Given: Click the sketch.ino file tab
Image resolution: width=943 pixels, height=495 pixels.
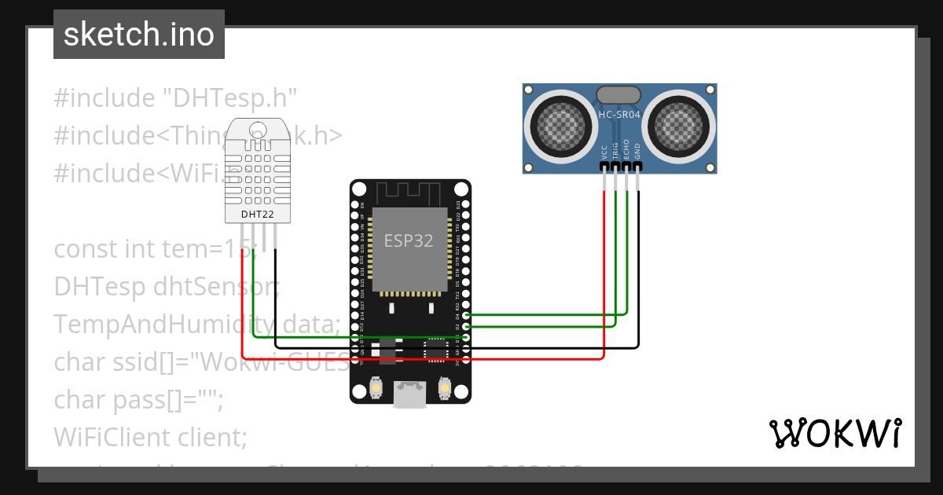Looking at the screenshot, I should click(138, 35).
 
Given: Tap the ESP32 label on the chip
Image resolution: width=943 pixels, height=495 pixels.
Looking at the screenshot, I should click(408, 241).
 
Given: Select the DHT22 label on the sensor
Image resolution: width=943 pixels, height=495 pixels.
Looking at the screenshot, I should click(257, 213).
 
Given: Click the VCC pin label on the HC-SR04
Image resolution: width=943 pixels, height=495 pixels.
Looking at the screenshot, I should click(604, 152).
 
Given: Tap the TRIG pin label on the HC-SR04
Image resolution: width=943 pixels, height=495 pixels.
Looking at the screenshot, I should click(615, 152).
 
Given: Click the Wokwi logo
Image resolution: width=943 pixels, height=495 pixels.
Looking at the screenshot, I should click(835, 433).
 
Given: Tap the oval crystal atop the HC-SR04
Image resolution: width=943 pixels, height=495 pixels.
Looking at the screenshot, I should click(620, 95).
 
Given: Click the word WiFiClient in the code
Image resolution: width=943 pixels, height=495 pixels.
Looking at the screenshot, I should click(118, 436).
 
